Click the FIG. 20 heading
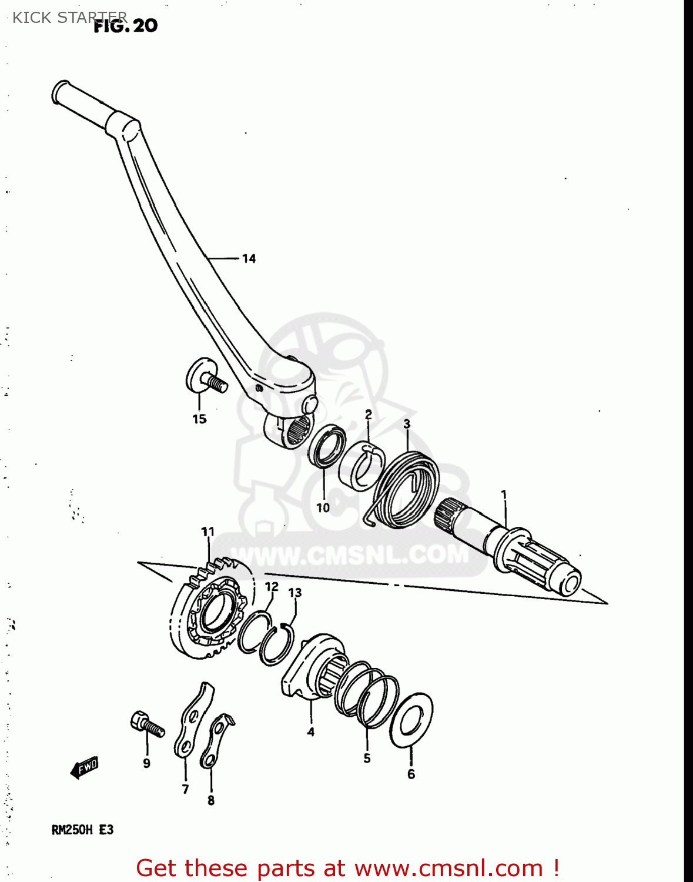click(126, 26)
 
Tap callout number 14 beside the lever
click(249, 259)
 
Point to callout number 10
click(323, 507)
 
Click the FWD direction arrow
click(84, 767)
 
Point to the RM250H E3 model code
click(82, 830)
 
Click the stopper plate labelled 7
click(193, 721)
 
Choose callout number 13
click(294, 592)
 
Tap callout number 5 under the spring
click(367, 758)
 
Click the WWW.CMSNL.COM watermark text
click(353, 554)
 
